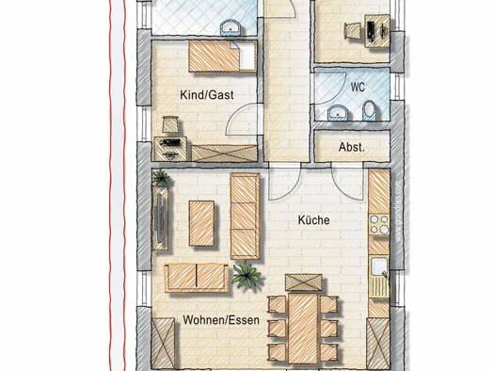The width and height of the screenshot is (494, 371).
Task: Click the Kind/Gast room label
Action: point(207,95)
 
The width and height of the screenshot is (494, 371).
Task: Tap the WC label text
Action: point(358,87)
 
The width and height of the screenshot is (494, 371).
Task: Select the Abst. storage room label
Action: point(352,147)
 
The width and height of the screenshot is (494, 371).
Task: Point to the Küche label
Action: point(313,220)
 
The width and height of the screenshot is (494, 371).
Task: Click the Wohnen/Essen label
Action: point(221,320)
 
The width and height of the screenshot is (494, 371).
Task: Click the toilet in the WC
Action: point(369,110)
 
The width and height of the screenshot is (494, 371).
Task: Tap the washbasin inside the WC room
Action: point(338,113)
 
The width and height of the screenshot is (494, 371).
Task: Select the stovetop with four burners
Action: point(379,225)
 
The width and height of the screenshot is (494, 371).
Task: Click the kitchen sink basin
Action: point(378,266)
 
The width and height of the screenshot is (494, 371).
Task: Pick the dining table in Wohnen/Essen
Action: point(303,328)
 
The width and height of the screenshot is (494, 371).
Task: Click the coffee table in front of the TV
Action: point(202,223)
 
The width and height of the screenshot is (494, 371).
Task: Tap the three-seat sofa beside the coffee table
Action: point(246,217)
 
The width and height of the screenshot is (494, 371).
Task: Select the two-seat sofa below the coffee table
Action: point(197,278)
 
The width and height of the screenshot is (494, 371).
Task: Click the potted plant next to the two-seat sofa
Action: point(247,276)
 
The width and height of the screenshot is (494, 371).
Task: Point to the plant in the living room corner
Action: point(161,178)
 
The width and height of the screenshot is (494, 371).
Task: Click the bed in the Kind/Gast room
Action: point(222,57)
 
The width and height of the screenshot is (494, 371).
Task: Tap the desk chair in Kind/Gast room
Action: point(170,124)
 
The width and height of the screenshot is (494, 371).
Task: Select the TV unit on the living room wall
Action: point(160,218)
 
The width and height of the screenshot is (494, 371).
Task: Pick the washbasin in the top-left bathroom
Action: point(231,27)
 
